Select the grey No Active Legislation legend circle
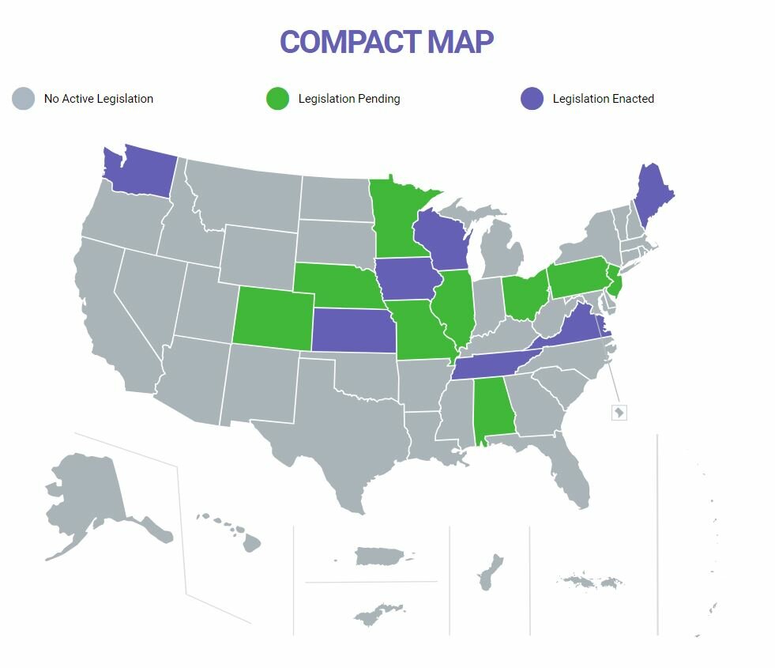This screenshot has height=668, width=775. (24, 99)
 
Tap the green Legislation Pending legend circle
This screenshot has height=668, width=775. (278, 99)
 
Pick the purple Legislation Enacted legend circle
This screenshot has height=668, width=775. (532, 99)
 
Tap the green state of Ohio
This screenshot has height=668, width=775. (524, 296)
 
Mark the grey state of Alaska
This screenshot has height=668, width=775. (87, 498)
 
